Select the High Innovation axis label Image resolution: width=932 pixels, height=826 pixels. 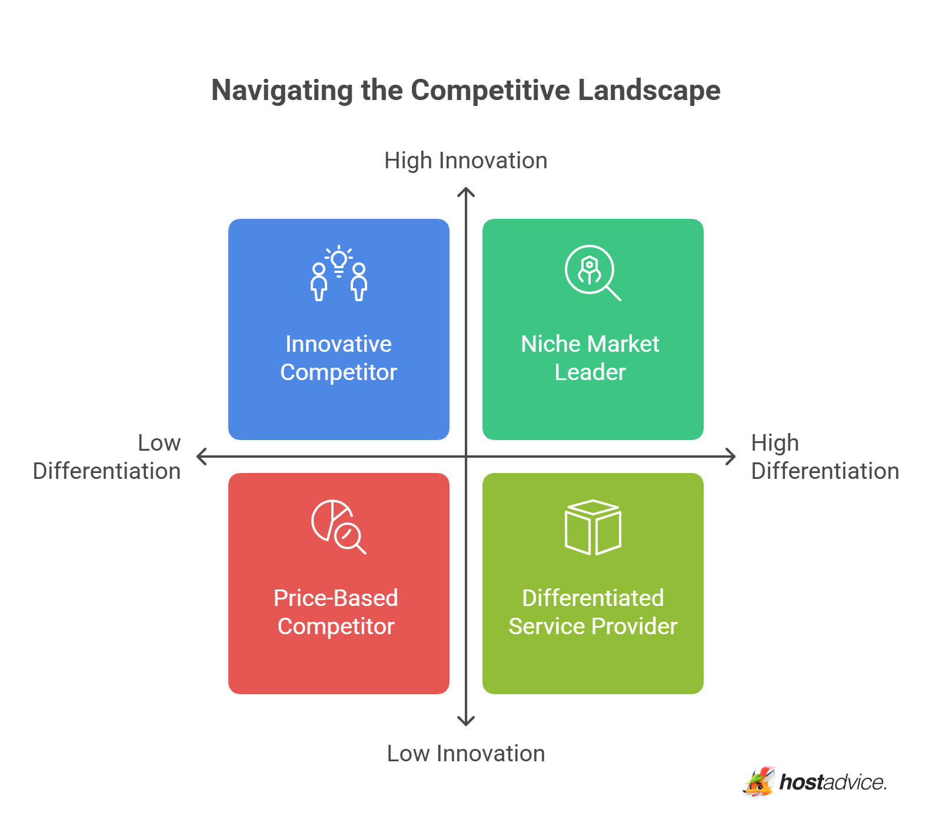(x=465, y=161)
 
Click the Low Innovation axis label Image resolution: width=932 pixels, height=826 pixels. (x=465, y=754)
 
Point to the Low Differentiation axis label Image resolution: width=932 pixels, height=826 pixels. (x=107, y=457)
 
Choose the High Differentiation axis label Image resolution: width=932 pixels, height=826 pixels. (x=824, y=457)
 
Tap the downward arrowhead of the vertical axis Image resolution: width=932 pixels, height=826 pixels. (x=466, y=722)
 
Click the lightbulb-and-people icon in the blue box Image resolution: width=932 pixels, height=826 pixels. (x=339, y=274)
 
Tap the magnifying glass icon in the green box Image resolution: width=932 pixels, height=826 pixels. (x=593, y=272)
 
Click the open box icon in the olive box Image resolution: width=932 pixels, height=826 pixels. (x=593, y=527)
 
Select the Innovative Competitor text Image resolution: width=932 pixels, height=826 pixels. (x=338, y=358)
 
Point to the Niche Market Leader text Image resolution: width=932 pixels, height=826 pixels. (x=590, y=358)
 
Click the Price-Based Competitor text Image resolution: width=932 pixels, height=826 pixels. (x=336, y=612)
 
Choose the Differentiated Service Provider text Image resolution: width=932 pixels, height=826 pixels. (x=593, y=612)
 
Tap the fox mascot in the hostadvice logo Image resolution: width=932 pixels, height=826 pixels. (x=759, y=782)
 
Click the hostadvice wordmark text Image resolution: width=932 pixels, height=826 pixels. (x=833, y=782)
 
